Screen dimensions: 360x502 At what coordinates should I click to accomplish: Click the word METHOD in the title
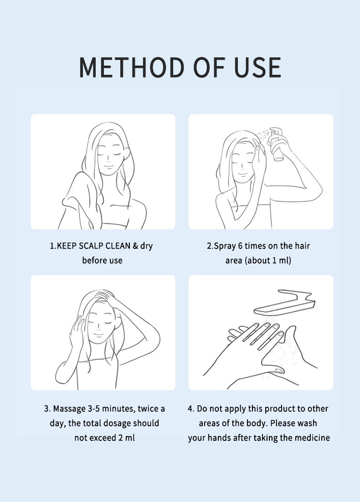(132, 67)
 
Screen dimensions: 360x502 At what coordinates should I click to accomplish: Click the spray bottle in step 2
(277, 144)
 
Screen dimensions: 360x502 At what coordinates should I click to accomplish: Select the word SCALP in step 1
(91, 246)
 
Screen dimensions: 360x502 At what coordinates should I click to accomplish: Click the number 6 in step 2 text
(240, 246)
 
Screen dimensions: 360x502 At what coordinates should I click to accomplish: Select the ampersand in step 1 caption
(135, 246)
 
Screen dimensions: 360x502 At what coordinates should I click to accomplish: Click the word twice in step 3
(148, 409)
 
